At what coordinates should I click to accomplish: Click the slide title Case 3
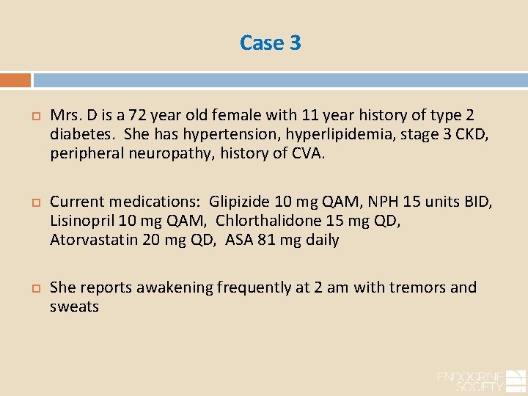pyautogui.click(x=270, y=43)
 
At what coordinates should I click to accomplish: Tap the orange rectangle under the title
pyautogui.click(x=15, y=80)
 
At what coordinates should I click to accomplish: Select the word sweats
pyautogui.click(x=74, y=306)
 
